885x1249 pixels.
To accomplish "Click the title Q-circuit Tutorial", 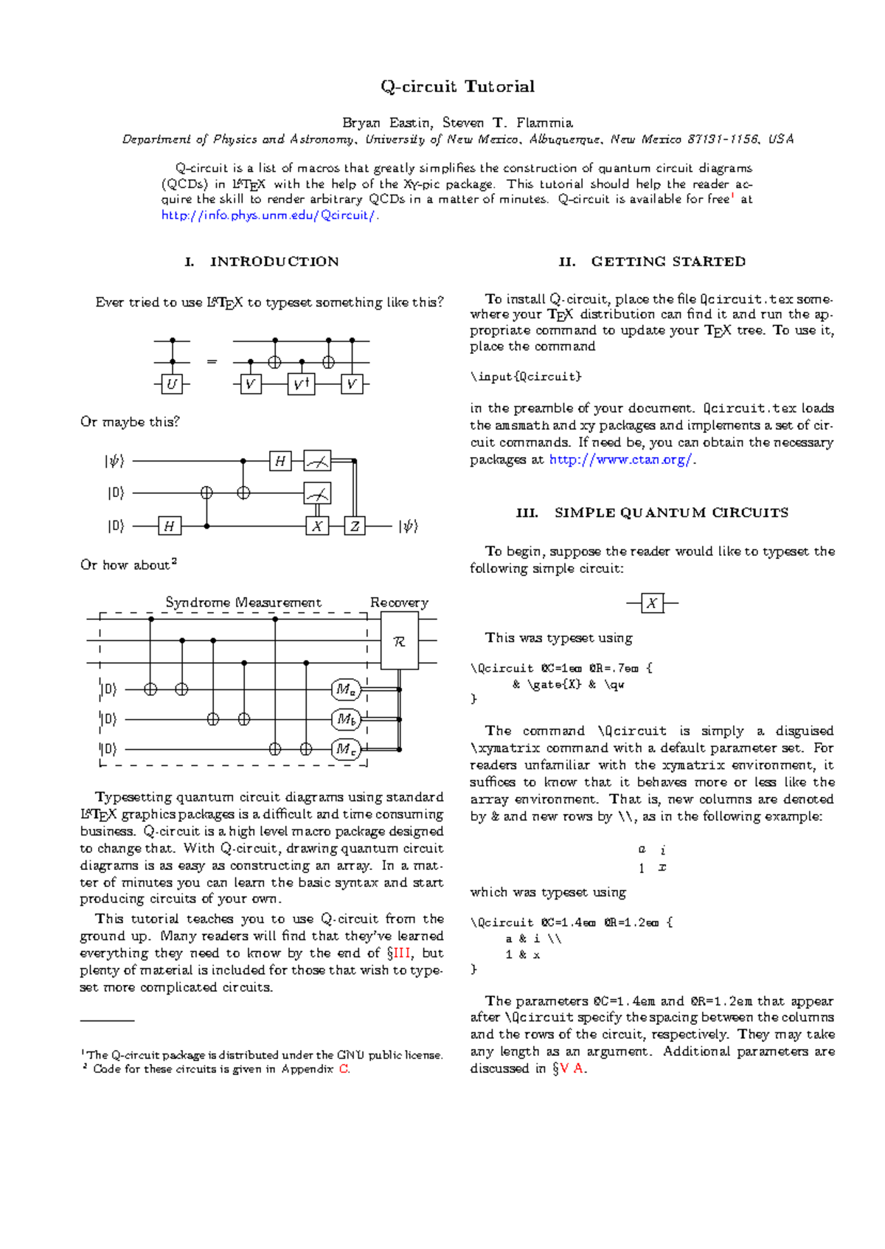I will point(457,86).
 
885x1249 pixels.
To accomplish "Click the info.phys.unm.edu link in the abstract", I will point(269,215).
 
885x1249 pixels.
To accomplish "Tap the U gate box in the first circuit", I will point(172,384).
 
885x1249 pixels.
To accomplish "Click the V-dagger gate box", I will point(301,384).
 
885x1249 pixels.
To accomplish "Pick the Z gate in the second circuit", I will point(355,526).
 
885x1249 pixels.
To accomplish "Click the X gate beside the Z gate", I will point(317,526).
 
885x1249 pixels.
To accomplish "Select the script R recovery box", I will point(400,641).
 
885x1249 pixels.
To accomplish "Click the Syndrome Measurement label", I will point(243,602).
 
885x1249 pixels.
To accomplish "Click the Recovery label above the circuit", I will point(399,602).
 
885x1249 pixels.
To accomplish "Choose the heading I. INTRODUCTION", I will point(262,262).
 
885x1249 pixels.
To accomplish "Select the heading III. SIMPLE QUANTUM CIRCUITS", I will point(652,512).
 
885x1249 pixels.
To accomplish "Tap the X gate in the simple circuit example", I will point(652,603).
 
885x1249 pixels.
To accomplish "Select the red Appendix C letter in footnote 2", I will point(344,1069).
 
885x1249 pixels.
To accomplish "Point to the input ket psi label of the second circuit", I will point(114,462).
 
